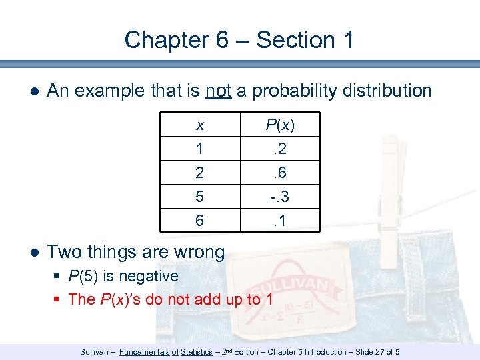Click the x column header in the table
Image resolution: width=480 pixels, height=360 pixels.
coord(200,125)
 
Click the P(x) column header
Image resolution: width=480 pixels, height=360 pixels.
coord(280,125)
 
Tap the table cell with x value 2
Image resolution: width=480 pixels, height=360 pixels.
coord(200,173)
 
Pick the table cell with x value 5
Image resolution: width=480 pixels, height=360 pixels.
coord(200,196)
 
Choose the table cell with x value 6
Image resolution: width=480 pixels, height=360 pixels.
coord(200,219)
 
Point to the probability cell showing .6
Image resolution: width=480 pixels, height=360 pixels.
coord(280,173)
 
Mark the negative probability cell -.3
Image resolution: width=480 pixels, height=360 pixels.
coord(280,196)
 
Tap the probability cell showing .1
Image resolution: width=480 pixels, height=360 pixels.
coord(280,219)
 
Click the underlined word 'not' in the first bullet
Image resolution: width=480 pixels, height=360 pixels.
coord(218,91)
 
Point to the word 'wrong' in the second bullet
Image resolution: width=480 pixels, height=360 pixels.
coord(197,252)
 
